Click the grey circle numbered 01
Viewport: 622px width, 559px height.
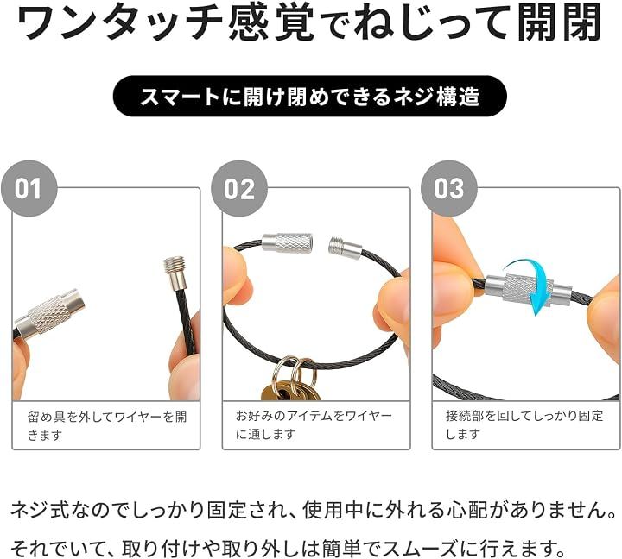pyautogui.click(x=29, y=189)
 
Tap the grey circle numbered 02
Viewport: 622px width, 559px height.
pyautogui.click(x=238, y=189)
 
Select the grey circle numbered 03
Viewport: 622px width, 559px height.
pyautogui.click(x=449, y=189)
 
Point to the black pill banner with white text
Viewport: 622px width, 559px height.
pyautogui.click(x=310, y=97)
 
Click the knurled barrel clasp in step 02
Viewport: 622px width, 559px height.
pyautogui.click(x=287, y=242)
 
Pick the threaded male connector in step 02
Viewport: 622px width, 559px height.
pyautogui.click(x=345, y=247)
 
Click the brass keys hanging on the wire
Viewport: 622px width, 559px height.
pyautogui.click(x=286, y=390)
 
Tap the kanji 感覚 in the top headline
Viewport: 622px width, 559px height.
pyautogui.click(x=271, y=22)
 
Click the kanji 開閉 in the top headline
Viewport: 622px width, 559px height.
pyautogui.click(x=561, y=22)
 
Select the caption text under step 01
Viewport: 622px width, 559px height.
pyautogui.click(x=107, y=425)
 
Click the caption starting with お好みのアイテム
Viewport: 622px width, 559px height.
pyautogui.click(x=314, y=424)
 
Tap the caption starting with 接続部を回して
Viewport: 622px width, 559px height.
pyautogui.click(x=524, y=424)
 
